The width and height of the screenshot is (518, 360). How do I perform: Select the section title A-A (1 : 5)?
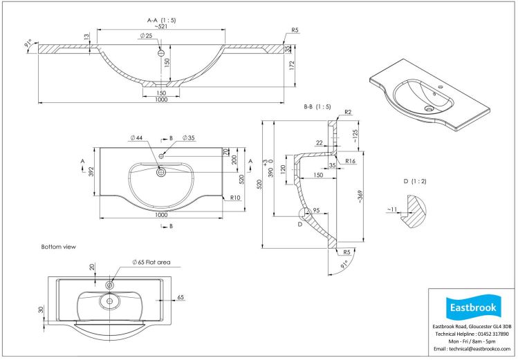160,21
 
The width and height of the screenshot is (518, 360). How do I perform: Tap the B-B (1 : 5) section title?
317,107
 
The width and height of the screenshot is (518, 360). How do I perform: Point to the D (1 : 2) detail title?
415,181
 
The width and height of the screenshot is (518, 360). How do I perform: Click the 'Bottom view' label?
58,247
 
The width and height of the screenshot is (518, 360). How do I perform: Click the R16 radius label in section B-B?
351,161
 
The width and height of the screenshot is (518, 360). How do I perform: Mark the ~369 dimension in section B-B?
360,196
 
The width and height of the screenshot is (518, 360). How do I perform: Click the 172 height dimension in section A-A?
293,66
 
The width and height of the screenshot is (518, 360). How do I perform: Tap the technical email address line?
470,350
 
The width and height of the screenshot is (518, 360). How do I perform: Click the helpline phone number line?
470,334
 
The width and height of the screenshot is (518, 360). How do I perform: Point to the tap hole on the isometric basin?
439,88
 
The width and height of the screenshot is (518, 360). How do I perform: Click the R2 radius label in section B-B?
349,112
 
